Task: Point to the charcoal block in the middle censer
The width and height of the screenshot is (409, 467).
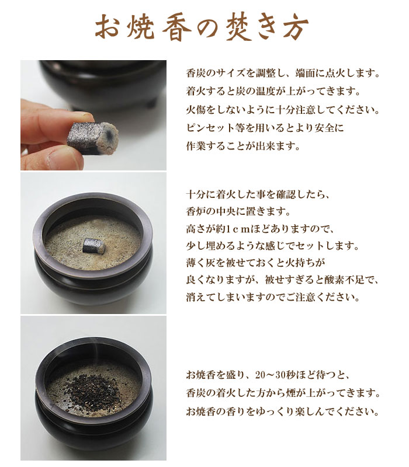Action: coord(93,246)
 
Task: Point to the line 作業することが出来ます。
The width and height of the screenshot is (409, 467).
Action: coord(242,147)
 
